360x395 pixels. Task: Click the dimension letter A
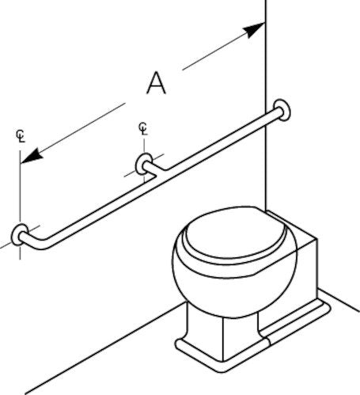(x=156, y=83)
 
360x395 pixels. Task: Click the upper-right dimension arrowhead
(x=254, y=29)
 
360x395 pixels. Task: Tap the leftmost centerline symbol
(x=21, y=136)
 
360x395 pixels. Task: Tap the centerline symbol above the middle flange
(x=143, y=129)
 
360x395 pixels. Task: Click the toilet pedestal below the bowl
(x=224, y=332)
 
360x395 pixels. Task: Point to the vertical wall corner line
(x=266, y=104)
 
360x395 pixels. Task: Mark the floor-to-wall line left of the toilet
(x=105, y=348)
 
